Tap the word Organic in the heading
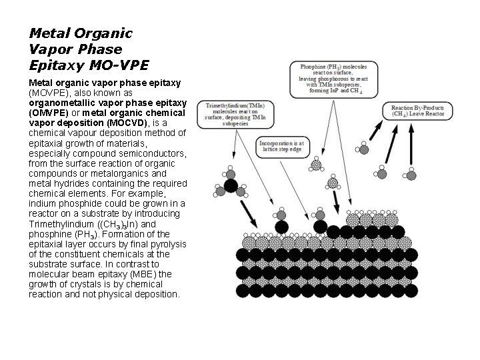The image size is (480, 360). pos(103,33)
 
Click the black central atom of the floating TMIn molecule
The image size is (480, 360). pos(231,184)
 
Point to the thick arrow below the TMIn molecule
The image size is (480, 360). pos(246,213)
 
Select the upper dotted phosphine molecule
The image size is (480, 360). pos(317,164)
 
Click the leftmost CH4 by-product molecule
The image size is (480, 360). pos(364,147)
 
